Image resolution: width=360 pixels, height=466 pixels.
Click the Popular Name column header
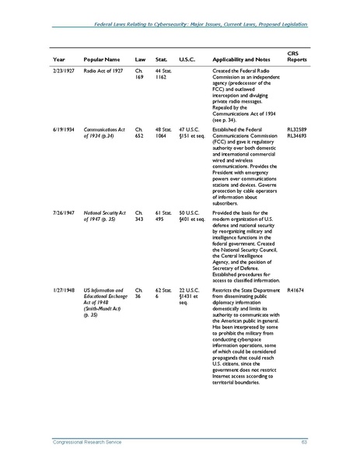[100, 60]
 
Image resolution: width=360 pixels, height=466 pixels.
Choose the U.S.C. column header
[187, 60]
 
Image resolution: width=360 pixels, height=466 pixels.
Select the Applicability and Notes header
[240, 60]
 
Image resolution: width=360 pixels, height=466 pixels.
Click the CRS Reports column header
[296, 56]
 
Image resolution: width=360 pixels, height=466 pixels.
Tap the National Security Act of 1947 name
[104, 215]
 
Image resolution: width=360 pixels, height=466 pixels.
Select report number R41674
[295, 289]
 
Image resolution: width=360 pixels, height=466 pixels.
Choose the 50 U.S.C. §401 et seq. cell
[190, 215]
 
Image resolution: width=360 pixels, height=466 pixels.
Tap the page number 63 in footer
[305, 443]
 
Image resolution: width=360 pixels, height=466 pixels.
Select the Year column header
[59, 60]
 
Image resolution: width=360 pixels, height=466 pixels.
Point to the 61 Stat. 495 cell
[163, 215]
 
